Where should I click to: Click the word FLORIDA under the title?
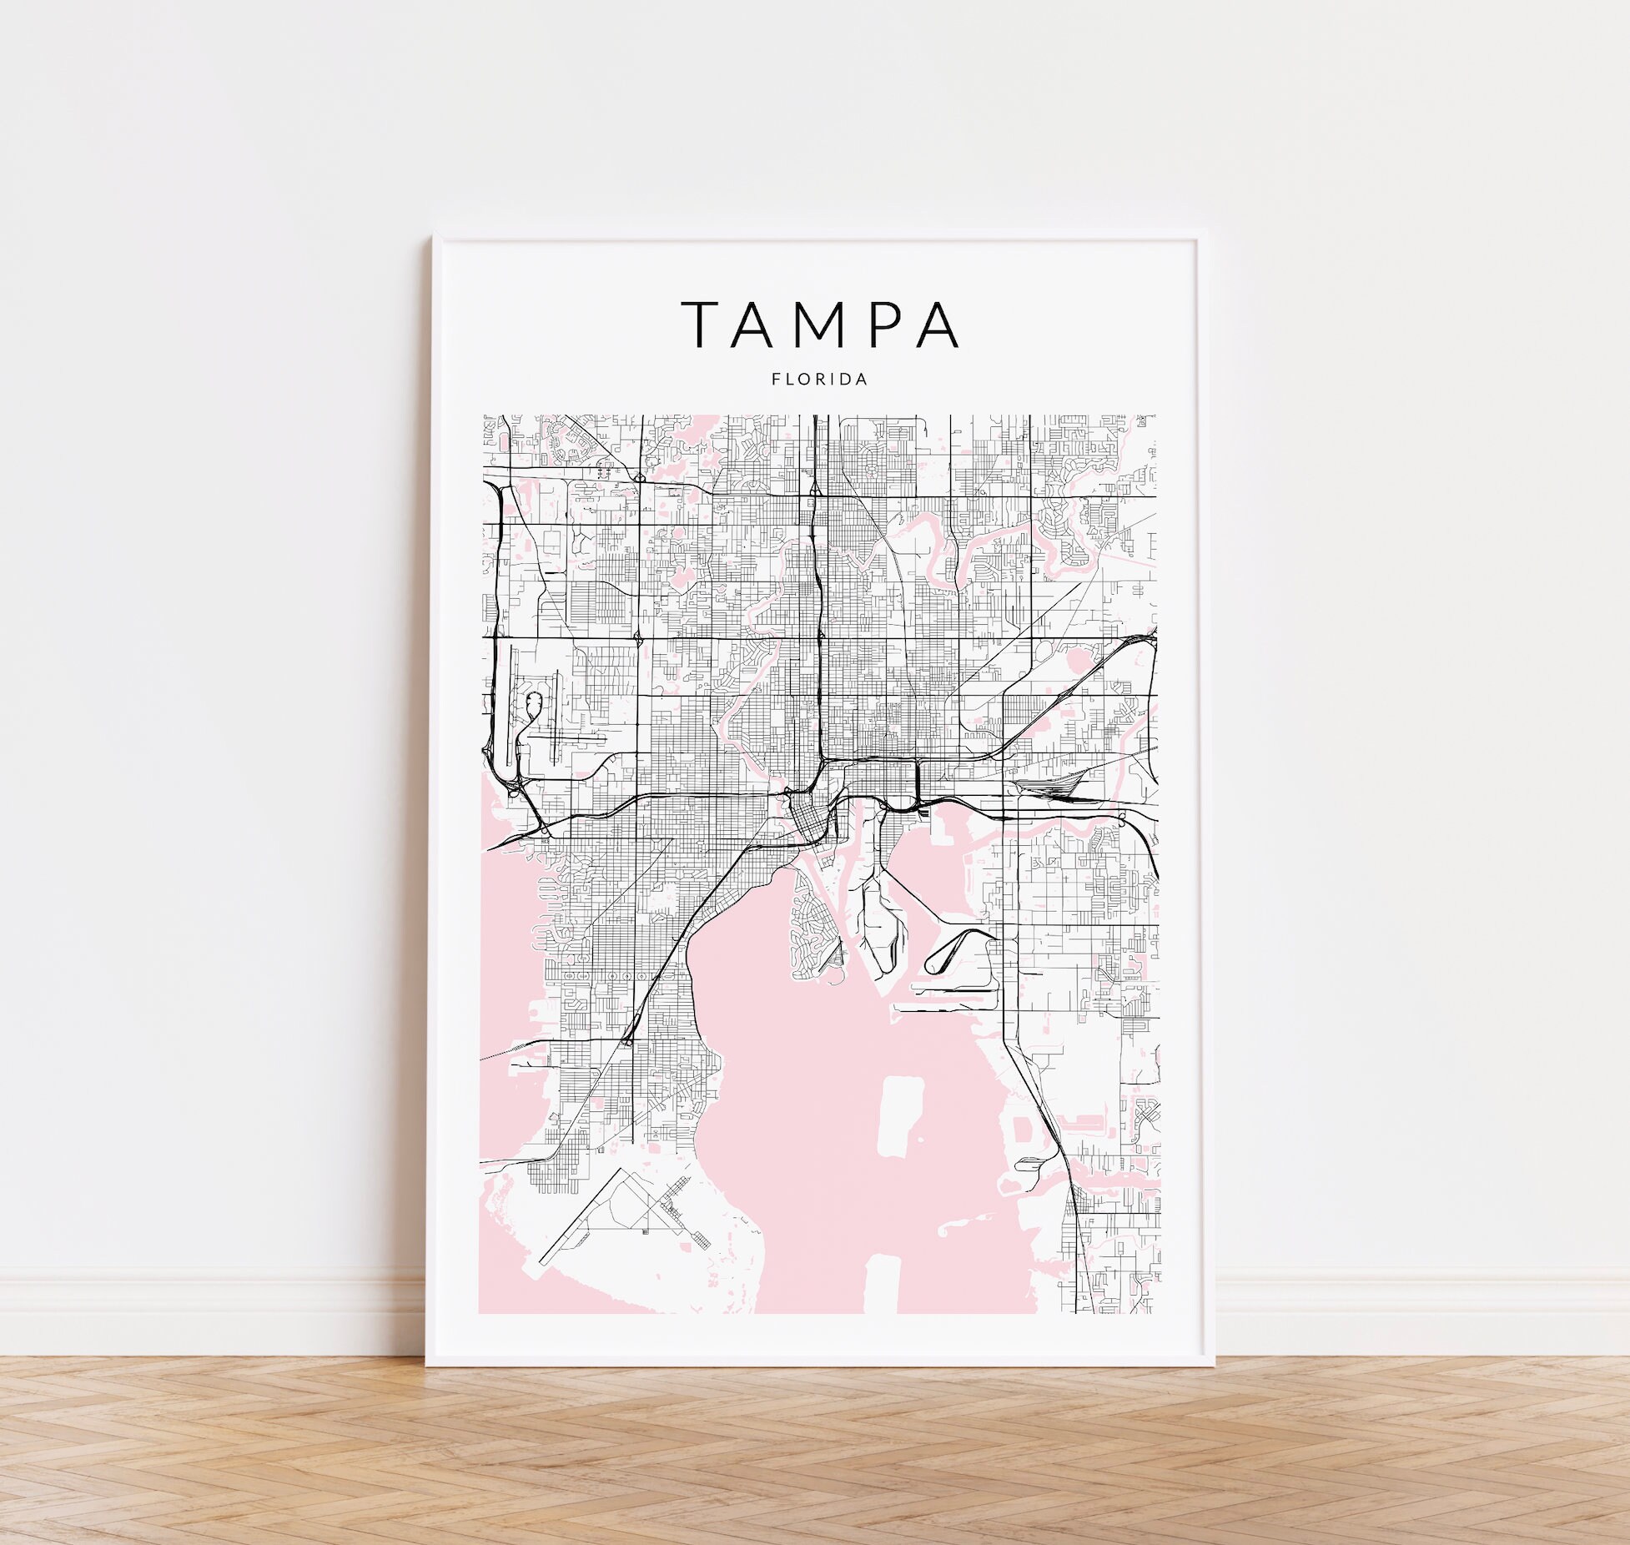819,380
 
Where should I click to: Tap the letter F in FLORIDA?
776,380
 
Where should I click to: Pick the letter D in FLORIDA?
849,380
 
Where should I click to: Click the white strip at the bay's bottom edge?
881,1286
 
